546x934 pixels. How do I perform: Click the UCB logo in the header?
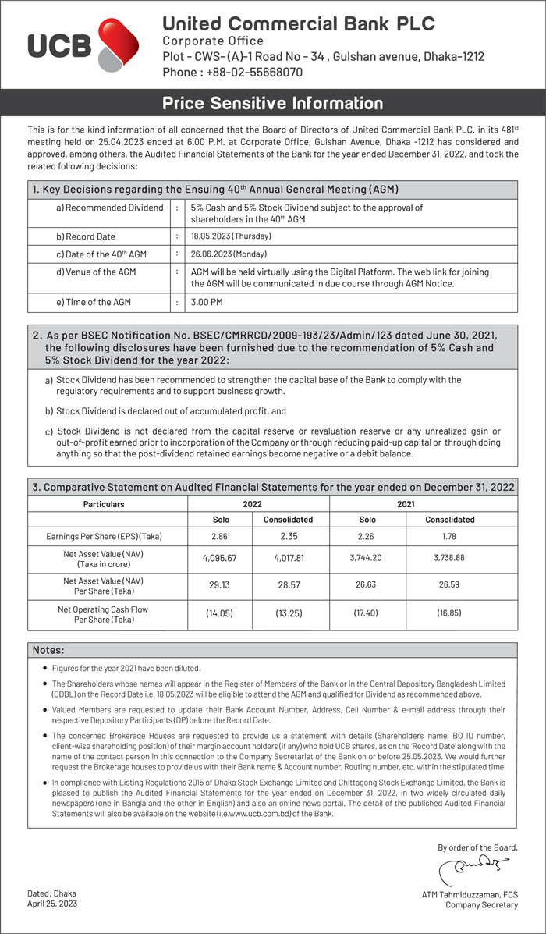[73, 46]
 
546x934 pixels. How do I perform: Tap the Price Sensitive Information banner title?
[273, 103]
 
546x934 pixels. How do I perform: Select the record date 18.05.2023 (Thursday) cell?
[229, 236]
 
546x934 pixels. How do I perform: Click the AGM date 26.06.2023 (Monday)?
[229, 254]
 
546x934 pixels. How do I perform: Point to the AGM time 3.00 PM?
[207, 302]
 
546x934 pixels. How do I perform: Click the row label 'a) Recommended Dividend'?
[109, 208]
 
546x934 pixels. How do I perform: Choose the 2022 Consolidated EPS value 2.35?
[289, 537]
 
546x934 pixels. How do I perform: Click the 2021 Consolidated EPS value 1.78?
[449, 537]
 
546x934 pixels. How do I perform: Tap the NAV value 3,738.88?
[449, 558]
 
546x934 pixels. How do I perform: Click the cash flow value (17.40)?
[367, 614]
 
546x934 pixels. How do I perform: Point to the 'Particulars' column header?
[104, 504]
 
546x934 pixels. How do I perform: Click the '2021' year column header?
[406, 504]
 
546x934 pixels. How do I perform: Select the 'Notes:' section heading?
[48, 650]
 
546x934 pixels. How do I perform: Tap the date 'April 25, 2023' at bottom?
[52, 904]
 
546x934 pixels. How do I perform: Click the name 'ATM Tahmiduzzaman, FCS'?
[470, 894]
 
